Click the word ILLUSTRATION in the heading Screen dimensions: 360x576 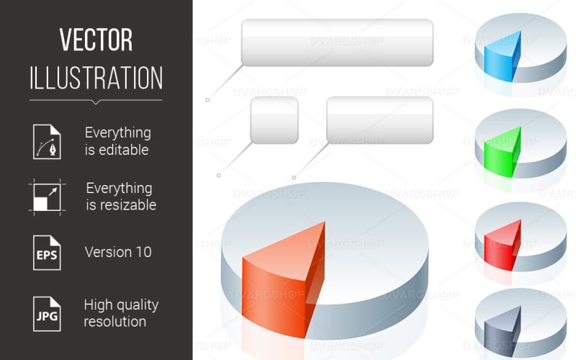[x=96, y=77]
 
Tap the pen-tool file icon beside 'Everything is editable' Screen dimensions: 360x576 [x=46, y=141]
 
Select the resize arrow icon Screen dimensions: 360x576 [x=46, y=197]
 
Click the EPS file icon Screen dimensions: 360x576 [x=46, y=252]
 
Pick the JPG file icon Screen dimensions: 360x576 [x=46, y=312]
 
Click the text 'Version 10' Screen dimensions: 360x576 [x=118, y=252]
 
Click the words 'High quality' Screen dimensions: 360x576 [x=121, y=304]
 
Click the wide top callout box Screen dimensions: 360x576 [x=337, y=42]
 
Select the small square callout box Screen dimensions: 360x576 [x=274, y=120]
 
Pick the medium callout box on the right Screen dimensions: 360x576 [x=379, y=120]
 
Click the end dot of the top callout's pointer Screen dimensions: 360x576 [x=207, y=100]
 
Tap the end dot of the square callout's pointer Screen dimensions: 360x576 [x=219, y=174]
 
